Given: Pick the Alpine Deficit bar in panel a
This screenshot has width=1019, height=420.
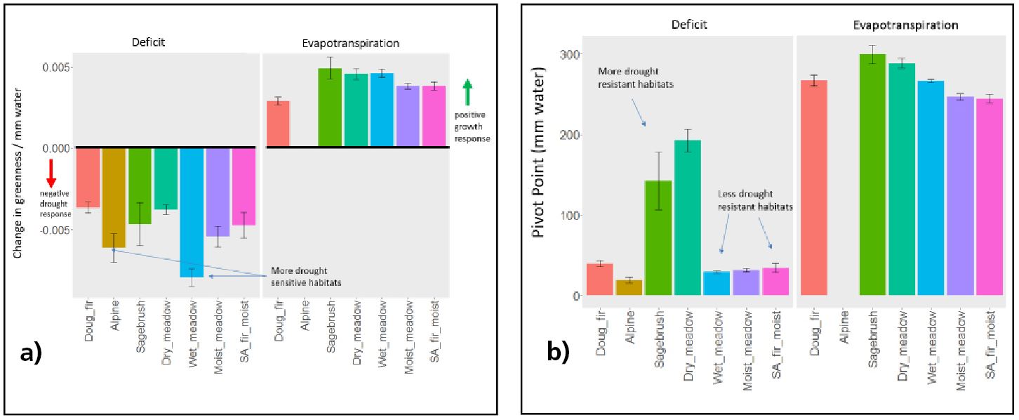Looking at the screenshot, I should (x=114, y=197).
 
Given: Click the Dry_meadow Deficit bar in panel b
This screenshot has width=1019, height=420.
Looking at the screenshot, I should (x=688, y=218).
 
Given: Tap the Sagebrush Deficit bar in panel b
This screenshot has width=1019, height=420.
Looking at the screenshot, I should (x=658, y=238).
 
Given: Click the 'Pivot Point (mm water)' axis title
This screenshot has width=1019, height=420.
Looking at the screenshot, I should (x=540, y=152).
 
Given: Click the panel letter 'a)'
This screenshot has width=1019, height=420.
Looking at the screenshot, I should (x=32, y=353).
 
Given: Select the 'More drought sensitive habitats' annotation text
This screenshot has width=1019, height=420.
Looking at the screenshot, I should (x=307, y=276).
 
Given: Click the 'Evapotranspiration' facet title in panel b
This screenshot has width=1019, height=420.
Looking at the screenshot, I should (x=905, y=25).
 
